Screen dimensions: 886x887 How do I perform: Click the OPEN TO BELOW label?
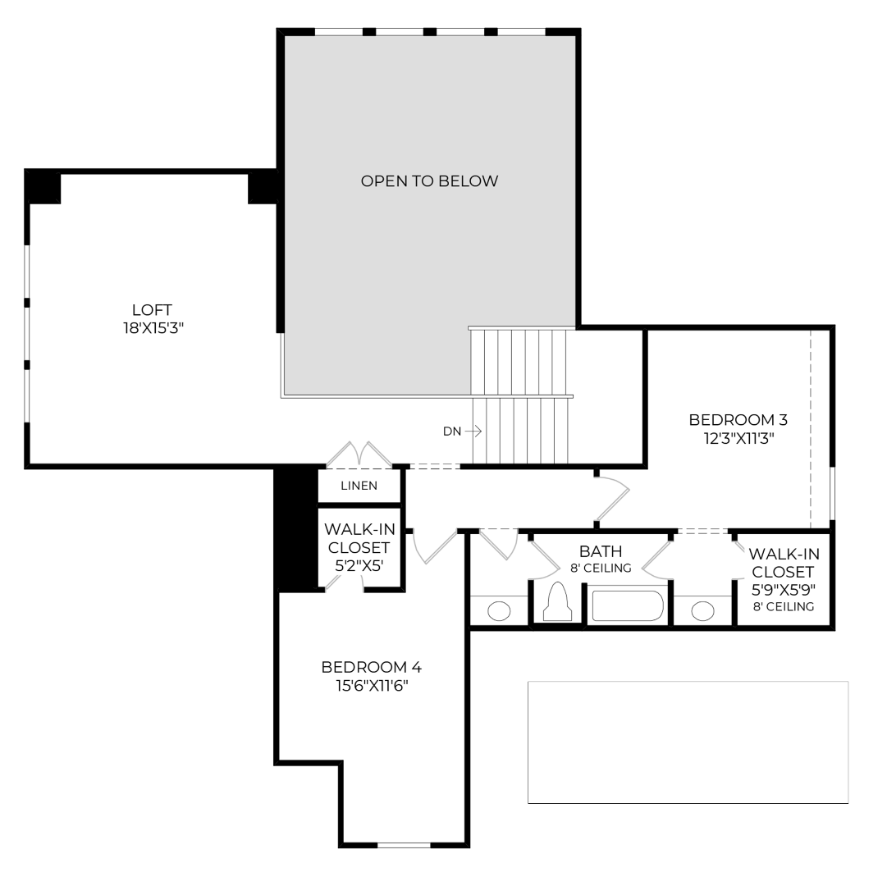[x=429, y=181]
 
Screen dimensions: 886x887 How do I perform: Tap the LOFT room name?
[x=152, y=310]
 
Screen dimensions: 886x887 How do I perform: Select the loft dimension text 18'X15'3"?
[x=152, y=327]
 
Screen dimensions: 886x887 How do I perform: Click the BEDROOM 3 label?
[x=738, y=420]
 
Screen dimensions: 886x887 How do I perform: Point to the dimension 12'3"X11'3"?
[x=738, y=438]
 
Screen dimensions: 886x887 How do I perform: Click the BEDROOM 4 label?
[x=371, y=667]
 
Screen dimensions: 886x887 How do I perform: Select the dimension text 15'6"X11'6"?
[x=371, y=685]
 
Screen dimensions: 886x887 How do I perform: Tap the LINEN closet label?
[x=359, y=486]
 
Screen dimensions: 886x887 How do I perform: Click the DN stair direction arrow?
[x=472, y=432]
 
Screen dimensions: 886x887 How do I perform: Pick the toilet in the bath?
[x=557, y=602]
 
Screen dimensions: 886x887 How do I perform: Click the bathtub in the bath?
[x=628, y=606]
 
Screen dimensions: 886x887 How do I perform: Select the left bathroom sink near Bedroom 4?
[x=498, y=611]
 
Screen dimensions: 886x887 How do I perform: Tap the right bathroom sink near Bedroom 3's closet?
[x=702, y=611]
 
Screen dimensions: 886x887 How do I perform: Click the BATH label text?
[x=601, y=551]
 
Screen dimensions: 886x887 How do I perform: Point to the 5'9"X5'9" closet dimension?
[x=783, y=589]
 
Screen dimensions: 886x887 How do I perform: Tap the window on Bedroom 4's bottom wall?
[x=404, y=844]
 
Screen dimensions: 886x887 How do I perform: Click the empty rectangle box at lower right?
[x=688, y=742]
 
